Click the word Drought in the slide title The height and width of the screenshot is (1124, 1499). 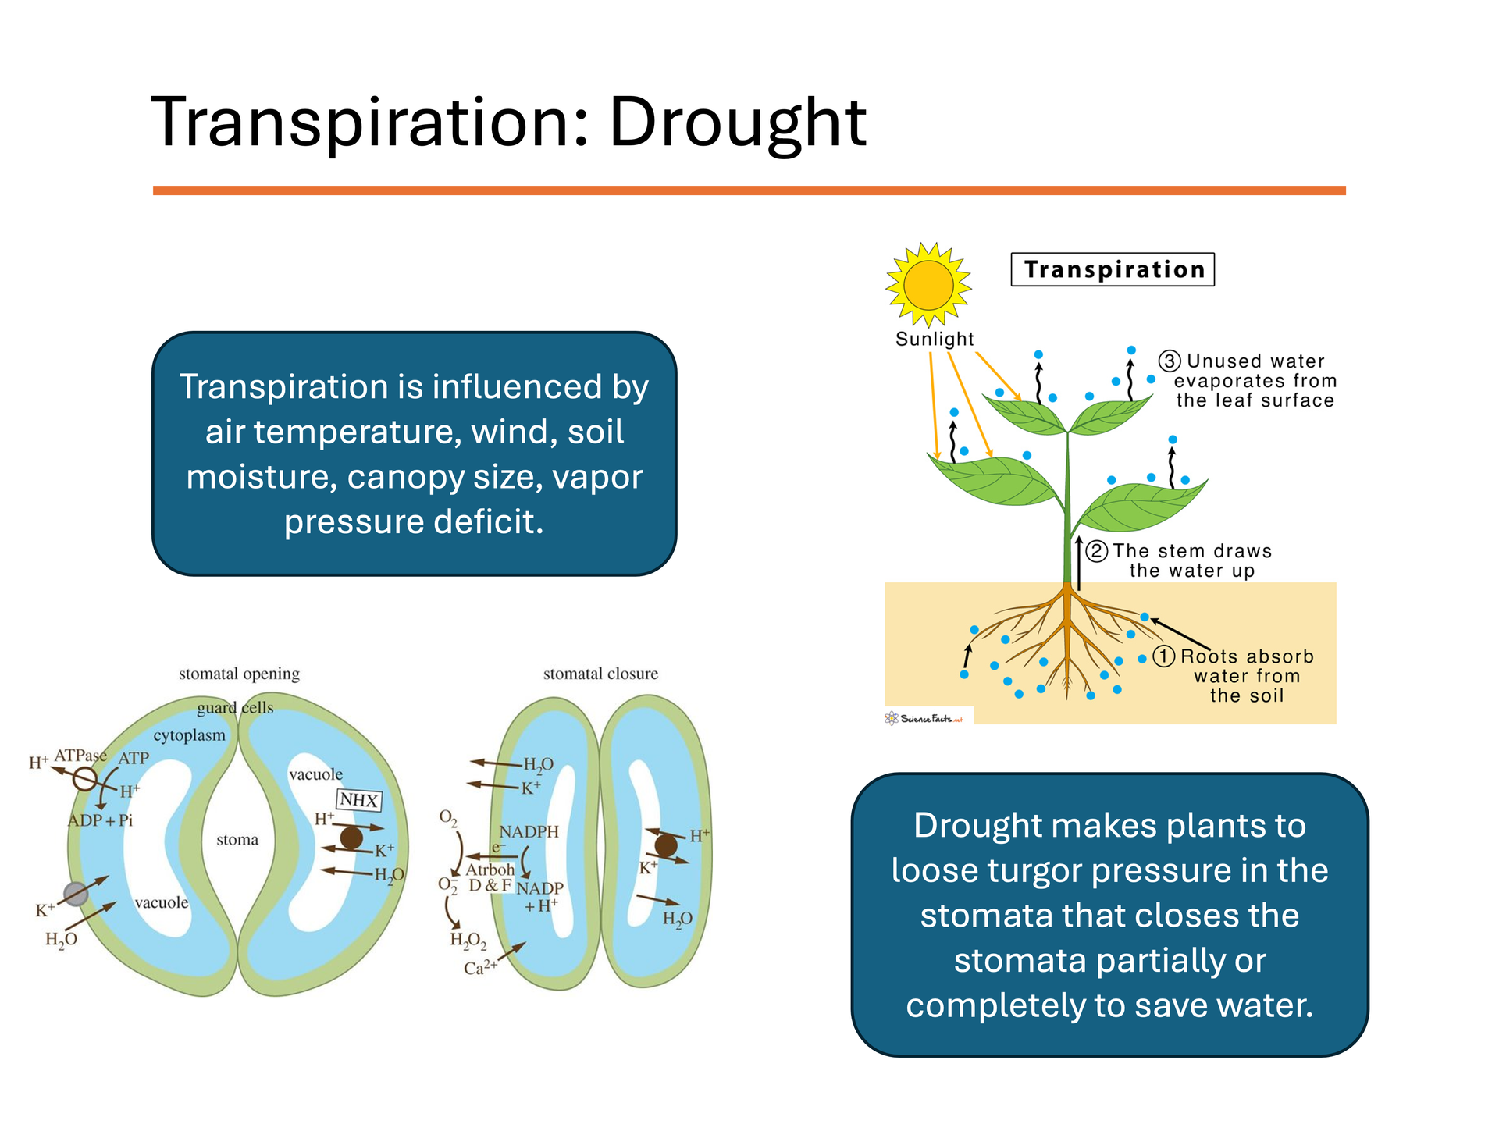[x=737, y=123]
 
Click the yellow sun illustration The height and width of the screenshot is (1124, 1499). [x=928, y=284]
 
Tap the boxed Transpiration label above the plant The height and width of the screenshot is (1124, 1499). [x=1113, y=269]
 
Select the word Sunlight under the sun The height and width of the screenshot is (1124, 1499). [x=935, y=339]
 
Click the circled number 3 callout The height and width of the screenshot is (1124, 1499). [x=1169, y=361]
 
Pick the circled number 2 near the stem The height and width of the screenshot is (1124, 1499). [x=1097, y=551]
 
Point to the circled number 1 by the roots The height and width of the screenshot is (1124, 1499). [x=1164, y=656]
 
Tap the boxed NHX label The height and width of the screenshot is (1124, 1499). [x=358, y=800]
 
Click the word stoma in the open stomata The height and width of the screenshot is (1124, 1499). [x=237, y=840]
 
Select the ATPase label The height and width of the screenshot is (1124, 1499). [x=80, y=756]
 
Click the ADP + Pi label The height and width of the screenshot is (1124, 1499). [x=100, y=820]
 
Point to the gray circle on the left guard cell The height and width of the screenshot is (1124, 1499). [x=76, y=894]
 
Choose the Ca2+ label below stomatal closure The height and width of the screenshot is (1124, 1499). [x=480, y=968]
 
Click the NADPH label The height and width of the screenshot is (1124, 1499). [x=529, y=832]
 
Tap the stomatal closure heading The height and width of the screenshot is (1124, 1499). [x=600, y=674]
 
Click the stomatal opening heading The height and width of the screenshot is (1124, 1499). [x=239, y=674]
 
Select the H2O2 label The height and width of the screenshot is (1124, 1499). [x=468, y=940]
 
